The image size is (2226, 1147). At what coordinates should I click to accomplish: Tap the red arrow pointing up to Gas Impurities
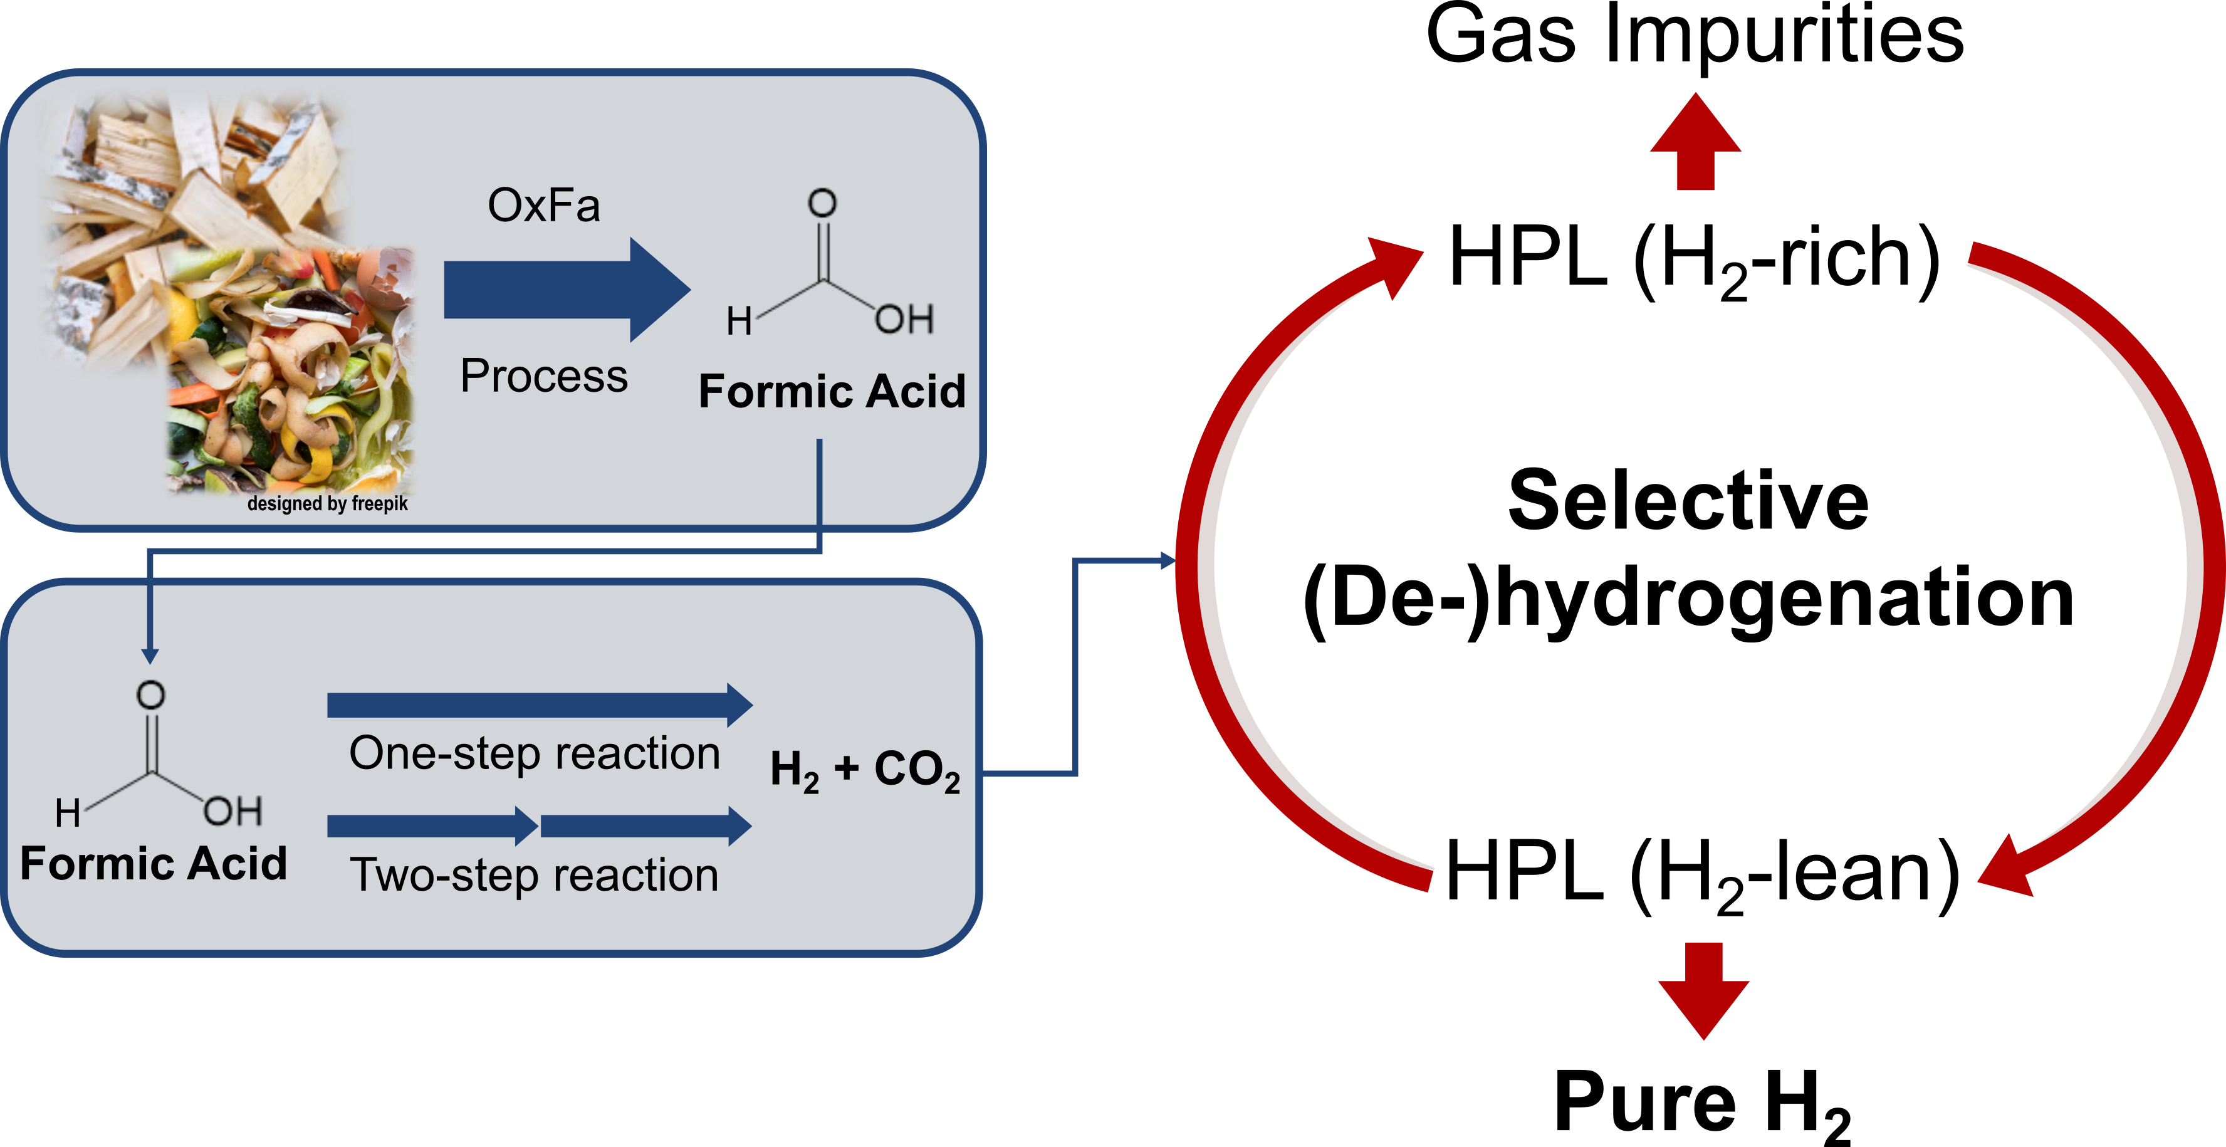pos(1695,141)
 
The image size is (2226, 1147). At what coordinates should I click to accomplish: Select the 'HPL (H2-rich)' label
pos(1695,259)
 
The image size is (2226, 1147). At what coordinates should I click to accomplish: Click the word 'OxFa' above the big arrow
pos(543,206)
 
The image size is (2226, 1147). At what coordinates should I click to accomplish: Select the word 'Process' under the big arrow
pos(543,376)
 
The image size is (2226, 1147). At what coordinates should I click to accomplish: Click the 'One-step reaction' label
pos(534,753)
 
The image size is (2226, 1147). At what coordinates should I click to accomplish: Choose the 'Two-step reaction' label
pos(534,875)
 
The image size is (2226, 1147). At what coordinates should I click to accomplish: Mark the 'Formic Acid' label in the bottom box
pos(153,864)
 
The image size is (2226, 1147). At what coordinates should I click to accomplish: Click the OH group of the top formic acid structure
pos(904,320)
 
